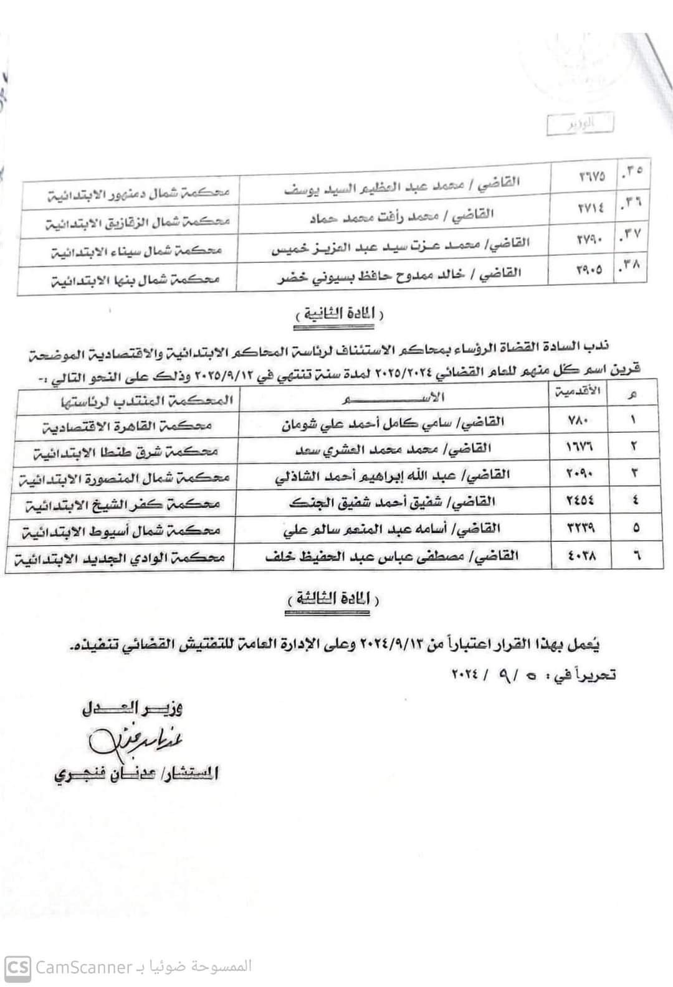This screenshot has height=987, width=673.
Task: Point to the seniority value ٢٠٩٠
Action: pos(581,473)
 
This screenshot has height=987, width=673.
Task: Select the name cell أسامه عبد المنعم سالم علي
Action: pos(392,529)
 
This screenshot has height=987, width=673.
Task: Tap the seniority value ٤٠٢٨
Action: pos(581,555)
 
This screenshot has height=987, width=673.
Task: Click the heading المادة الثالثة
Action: pos(333,598)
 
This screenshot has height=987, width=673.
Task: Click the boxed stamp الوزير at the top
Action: pos(580,124)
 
